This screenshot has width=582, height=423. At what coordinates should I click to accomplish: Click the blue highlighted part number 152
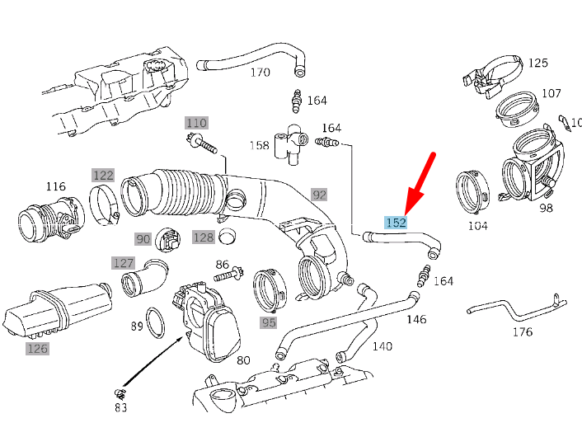(396, 223)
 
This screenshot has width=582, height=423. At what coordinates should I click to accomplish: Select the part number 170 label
(260, 73)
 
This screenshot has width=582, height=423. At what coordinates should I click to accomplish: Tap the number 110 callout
(196, 123)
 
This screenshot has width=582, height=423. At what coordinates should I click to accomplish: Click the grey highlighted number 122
(102, 175)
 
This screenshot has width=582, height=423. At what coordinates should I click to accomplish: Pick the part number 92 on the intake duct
(319, 195)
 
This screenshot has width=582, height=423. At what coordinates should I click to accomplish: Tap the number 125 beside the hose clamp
(537, 63)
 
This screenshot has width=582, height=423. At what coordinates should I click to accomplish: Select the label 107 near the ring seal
(551, 93)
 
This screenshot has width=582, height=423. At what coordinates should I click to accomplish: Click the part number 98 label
(546, 207)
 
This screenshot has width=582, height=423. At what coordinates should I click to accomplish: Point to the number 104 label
(477, 225)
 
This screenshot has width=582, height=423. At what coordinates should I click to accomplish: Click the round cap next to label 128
(228, 237)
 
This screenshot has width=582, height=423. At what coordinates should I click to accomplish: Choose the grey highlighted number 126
(37, 349)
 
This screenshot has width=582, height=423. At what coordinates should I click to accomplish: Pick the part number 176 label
(522, 331)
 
